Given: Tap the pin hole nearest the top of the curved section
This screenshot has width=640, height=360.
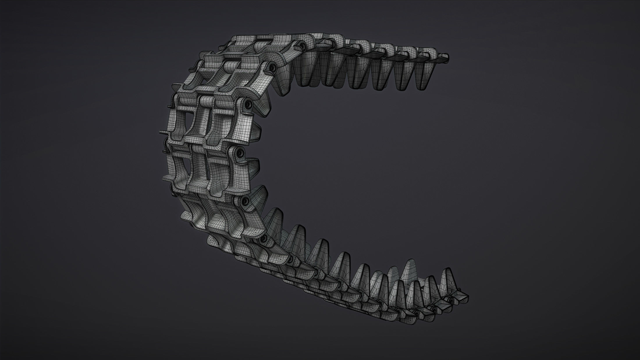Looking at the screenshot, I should [303, 45].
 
